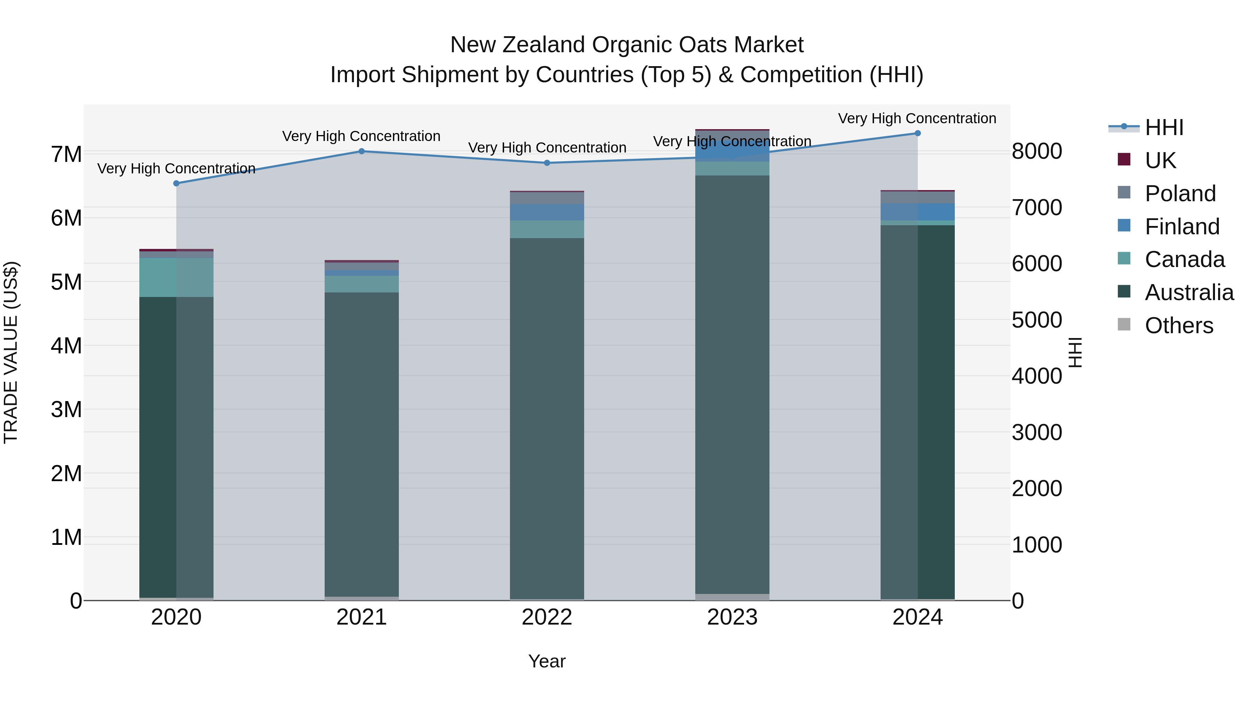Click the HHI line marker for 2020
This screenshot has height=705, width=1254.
[x=176, y=183]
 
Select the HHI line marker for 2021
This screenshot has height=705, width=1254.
[x=362, y=151]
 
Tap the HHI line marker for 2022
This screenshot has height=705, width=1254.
[x=547, y=163]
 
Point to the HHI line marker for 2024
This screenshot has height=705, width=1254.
[x=918, y=133]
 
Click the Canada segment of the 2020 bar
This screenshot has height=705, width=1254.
[x=176, y=277]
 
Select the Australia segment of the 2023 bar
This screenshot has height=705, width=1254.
[x=732, y=384]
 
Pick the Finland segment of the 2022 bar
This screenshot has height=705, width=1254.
[x=547, y=212]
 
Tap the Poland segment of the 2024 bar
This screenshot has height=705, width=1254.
[x=918, y=197]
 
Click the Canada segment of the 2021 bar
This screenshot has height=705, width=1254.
[x=362, y=284]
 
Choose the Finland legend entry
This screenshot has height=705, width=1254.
[x=1182, y=227]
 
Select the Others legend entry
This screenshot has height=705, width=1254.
[x=1178, y=326]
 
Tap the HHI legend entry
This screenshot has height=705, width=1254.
[x=1163, y=127]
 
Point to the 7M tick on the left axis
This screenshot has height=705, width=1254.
[x=67, y=154]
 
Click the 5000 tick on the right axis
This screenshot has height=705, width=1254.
[x=1036, y=320]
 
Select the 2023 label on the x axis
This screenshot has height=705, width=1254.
[x=732, y=617]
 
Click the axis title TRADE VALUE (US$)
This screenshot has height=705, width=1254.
[x=11, y=352]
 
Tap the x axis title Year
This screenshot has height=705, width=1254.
[x=547, y=661]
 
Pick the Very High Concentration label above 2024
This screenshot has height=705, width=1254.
[x=917, y=118]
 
